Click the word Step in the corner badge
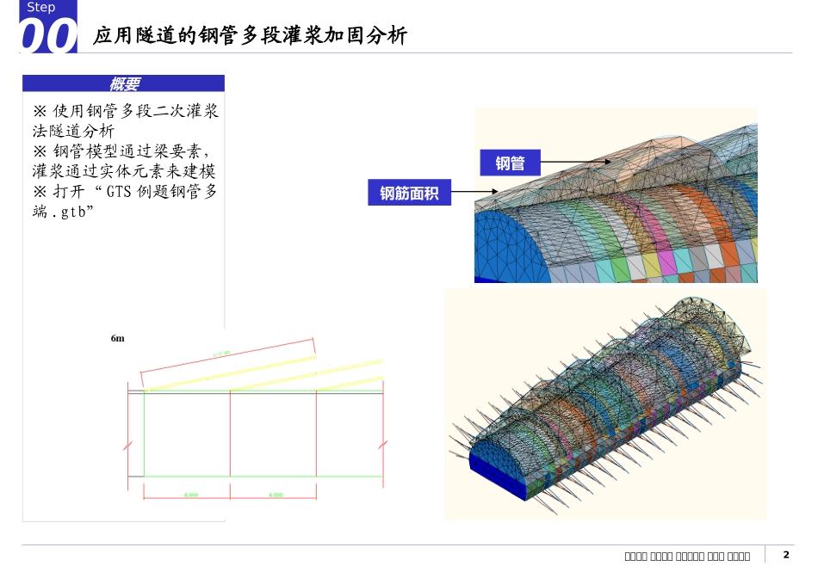[40, 8]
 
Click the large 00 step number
[47, 38]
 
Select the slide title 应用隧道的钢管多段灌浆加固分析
[250, 35]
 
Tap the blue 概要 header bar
[124, 83]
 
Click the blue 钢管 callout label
[511, 163]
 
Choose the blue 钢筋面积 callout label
[410, 194]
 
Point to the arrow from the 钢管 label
[577, 162]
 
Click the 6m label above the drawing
[118, 339]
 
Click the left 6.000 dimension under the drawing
[191, 495]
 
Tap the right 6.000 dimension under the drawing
[276, 495]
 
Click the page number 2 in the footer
[785, 555]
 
